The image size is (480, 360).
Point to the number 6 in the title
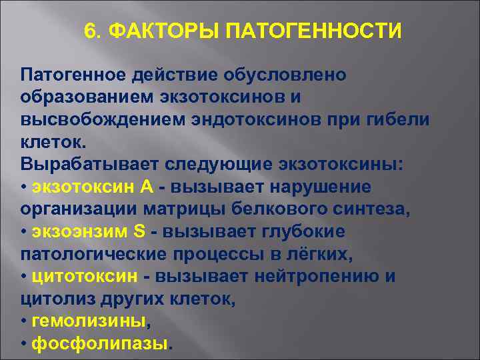[x=90, y=32]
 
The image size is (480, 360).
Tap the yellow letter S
[x=139, y=233]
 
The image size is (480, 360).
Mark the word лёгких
[x=327, y=255]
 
